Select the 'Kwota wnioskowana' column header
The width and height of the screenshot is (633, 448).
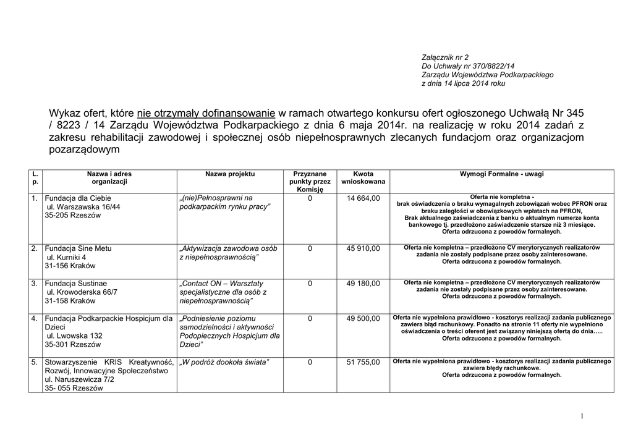(x=363, y=178)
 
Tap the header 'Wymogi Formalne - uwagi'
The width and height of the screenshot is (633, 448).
(x=501, y=174)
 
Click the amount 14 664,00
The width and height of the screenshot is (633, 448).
(x=363, y=198)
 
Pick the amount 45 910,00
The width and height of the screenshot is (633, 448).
(x=363, y=248)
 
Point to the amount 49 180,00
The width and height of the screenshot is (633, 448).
(x=363, y=284)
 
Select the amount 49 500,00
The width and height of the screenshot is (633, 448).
(x=363, y=319)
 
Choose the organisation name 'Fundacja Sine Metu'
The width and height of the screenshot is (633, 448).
(x=78, y=248)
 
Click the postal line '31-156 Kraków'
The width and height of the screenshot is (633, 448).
(x=70, y=266)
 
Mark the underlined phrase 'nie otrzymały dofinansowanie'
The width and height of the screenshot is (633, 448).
(x=206, y=113)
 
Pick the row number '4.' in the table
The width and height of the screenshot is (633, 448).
(x=35, y=319)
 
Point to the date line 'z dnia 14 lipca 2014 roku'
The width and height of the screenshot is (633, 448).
(x=463, y=83)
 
